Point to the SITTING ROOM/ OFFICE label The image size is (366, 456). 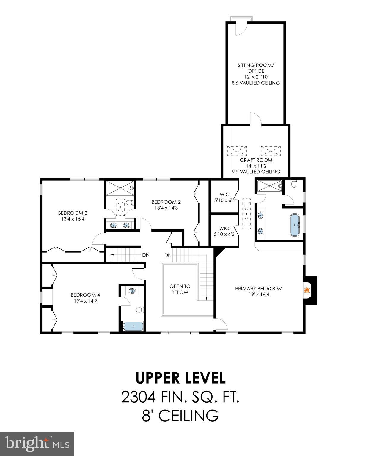pyautogui.click(x=255, y=68)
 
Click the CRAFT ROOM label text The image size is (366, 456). pyautogui.click(x=256, y=160)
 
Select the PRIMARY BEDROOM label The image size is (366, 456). pyautogui.click(x=259, y=288)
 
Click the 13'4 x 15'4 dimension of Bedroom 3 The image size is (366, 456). pyautogui.click(x=73, y=219)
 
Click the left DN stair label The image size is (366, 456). pyautogui.click(x=146, y=255)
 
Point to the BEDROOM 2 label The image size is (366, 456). pyautogui.click(x=166, y=202)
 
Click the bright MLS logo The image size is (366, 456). pyautogui.click(x=37, y=444)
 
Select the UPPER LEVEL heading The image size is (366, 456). pyautogui.click(x=180, y=378)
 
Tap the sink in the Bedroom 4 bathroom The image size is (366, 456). pyautogui.click(x=132, y=291)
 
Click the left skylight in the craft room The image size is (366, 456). pyautogui.click(x=237, y=151)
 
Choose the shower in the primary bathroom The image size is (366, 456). pyautogui.click(x=269, y=186)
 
